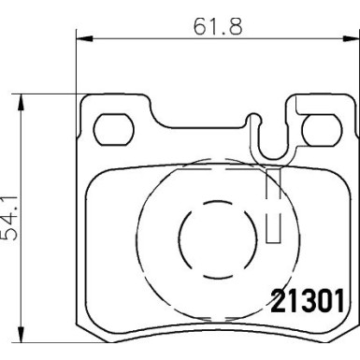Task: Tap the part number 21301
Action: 310,301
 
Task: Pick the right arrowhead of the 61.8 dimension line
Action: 353,38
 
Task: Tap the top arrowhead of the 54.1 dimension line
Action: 22,97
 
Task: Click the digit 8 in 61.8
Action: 238,26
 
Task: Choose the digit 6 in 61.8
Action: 196,26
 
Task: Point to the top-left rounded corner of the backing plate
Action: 87,101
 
